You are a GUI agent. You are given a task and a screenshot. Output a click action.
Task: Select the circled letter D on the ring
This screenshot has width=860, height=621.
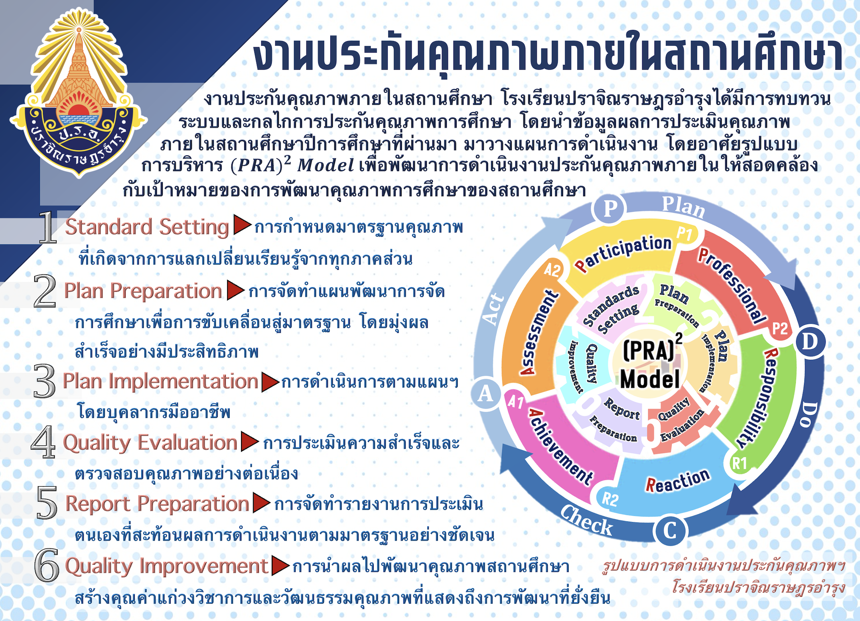click(809, 342)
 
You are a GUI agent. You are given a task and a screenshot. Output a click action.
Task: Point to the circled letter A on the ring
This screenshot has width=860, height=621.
click(485, 394)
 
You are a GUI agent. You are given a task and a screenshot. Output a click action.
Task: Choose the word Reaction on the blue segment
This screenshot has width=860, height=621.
click(678, 481)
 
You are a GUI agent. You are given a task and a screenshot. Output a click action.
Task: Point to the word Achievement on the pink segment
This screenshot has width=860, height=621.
click(561, 447)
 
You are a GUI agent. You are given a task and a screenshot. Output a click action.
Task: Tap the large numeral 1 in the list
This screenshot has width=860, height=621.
click(47, 227)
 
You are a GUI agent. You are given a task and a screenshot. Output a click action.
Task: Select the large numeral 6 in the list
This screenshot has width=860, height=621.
click(47, 565)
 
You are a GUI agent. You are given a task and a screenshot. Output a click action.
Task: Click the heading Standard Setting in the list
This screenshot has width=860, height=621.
click(147, 227)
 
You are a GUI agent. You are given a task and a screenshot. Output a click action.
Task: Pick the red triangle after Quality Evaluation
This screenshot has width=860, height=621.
click(250, 442)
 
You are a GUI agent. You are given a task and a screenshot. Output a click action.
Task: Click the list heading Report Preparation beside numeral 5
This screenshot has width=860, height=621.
click(158, 504)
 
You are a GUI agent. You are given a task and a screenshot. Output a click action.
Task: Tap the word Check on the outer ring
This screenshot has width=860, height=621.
click(586, 520)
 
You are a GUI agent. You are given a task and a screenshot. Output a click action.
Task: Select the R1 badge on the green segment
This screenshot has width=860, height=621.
click(739, 464)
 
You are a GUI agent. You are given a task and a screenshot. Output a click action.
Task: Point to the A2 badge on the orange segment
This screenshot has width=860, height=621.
click(552, 270)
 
